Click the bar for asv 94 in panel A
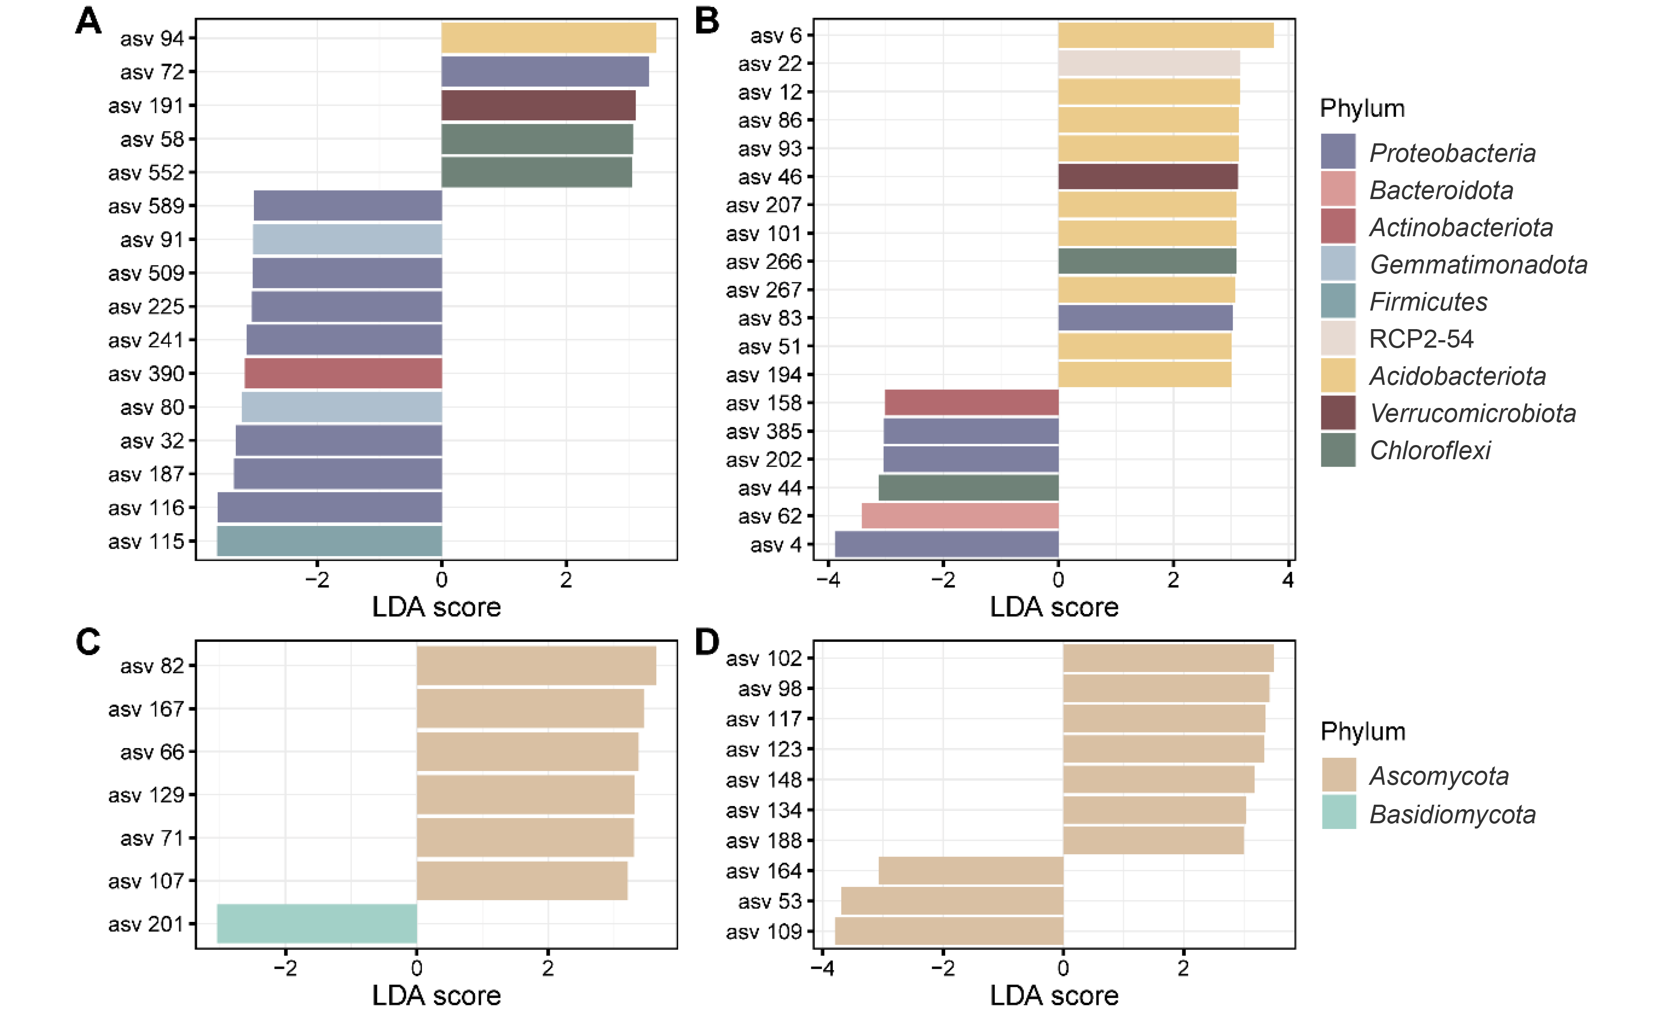pyautogui.click(x=548, y=38)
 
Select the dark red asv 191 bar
pyautogui.click(x=538, y=105)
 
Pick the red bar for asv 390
pyautogui.click(x=343, y=373)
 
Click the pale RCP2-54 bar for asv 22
pyautogui.click(x=1149, y=63)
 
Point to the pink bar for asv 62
pyautogui.click(x=960, y=516)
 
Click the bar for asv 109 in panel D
pyautogui.click(x=949, y=931)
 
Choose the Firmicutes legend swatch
pyautogui.click(x=1338, y=301)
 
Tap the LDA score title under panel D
pyautogui.click(x=1054, y=995)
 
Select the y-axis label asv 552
pyautogui.click(x=146, y=173)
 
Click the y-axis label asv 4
pyautogui.click(x=775, y=545)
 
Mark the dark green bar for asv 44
pyautogui.click(x=968, y=487)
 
